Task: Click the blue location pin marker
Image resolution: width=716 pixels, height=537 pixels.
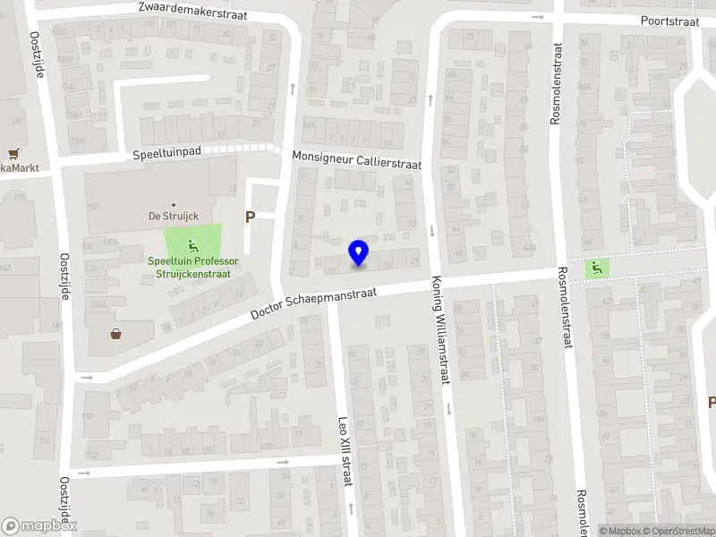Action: (x=359, y=252)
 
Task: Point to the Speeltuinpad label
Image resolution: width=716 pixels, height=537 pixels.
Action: (x=166, y=153)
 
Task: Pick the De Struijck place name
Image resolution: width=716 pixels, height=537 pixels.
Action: (x=173, y=216)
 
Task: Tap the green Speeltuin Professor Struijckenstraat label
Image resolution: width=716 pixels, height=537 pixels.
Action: (x=192, y=267)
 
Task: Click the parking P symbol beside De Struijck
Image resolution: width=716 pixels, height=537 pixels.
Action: (x=250, y=217)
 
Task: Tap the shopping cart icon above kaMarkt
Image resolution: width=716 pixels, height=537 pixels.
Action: (x=13, y=154)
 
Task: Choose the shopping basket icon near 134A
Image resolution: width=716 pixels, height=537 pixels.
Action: (x=116, y=335)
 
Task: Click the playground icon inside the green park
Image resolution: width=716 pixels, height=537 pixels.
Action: (x=192, y=245)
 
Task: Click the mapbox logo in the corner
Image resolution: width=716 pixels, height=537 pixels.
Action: (x=39, y=526)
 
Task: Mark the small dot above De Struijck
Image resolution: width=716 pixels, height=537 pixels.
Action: (x=173, y=203)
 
